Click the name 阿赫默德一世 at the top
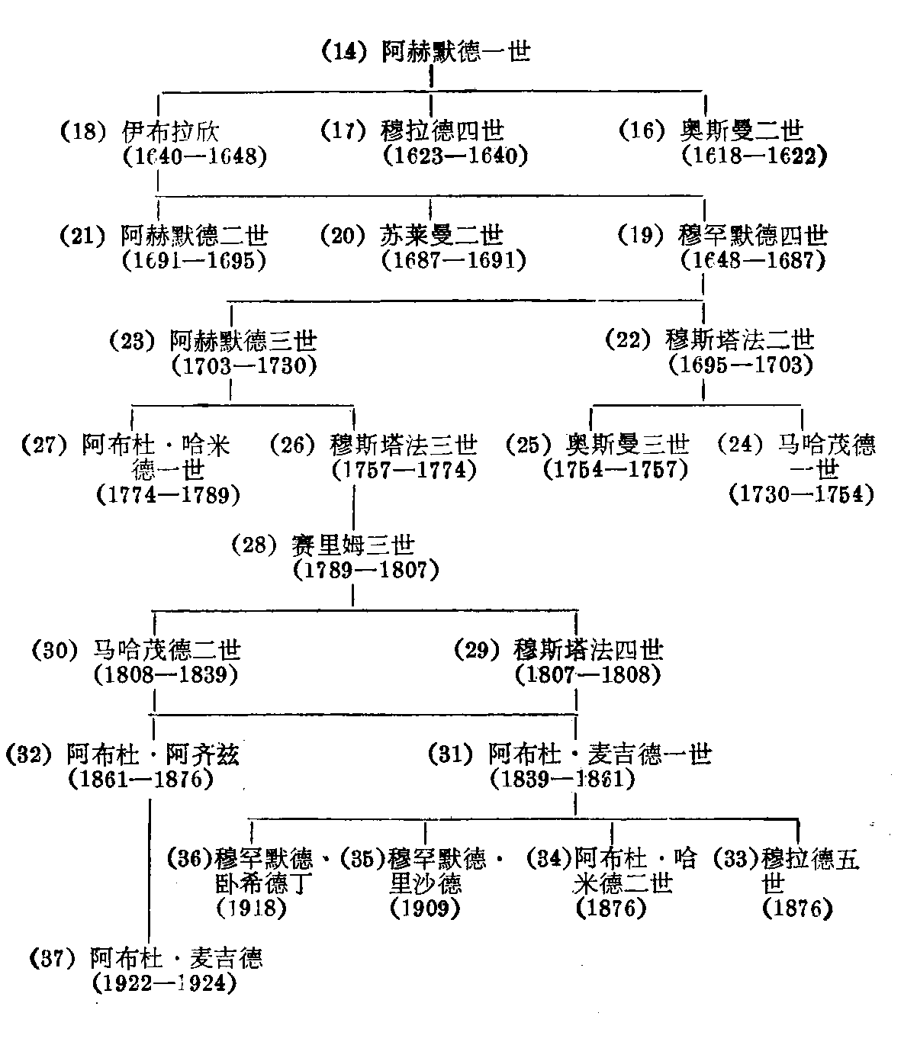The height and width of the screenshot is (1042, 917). (x=455, y=52)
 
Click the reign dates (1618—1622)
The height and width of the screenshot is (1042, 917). (x=755, y=156)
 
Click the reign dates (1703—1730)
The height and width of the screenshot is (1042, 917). (x=244, y=365)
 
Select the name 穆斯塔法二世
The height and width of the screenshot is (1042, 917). (x=740, y=339)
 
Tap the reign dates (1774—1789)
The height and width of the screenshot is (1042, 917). (x=169, y=495)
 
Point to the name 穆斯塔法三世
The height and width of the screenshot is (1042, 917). (x=404, y=444)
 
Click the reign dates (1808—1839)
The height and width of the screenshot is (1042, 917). (x=166, y=674)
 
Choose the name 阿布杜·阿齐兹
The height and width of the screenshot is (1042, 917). (x=153, y=754)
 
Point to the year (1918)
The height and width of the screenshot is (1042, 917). (x=252, y=908)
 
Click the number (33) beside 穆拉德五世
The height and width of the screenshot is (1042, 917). (x=735, y=859)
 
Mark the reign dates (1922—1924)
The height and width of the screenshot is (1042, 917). (x=163, y=983)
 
